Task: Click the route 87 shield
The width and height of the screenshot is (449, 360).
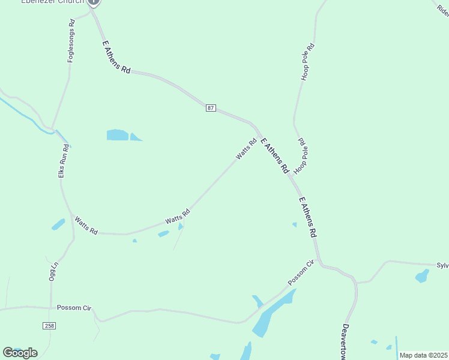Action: pyautogui.click(x=210, y=107)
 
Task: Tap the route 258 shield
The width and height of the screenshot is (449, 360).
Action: pyautogui.click(x=49, y=325)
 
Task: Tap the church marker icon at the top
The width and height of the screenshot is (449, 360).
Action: pyautogui.click(x=93, y=2)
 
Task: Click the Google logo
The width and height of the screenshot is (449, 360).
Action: pyautogui.click(x=20, y=353)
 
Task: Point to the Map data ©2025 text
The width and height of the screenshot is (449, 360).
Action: pyautogui.click(x=423, y=355)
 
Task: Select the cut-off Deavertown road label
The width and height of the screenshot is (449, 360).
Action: pyautogui.click(x=345, y=342)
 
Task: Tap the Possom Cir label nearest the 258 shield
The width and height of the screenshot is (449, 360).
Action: pyautogui.click(x=73, y=307)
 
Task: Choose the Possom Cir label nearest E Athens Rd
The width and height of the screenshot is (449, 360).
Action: pyautogui.click(x=301, y=273)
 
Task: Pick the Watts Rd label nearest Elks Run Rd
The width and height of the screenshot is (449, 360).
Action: pyautogui.click(x=86, y=226)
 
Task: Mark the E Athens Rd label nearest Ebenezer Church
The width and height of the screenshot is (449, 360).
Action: pyautogui.click(x=116, y=57)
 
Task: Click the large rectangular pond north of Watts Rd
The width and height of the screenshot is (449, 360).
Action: pyautogui.click(x=117, y=135)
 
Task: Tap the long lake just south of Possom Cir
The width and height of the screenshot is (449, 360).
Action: pyautogui.click(x=274, y=314)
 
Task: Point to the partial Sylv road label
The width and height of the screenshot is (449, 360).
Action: pyautogui.click(x=442, y=265)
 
